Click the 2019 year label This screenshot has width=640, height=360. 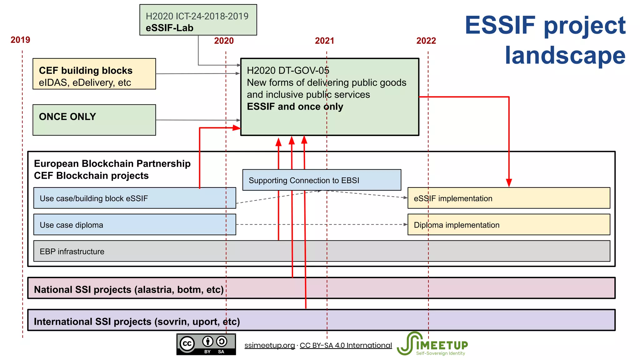click(20, 40)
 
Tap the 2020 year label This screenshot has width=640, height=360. click(224, 41)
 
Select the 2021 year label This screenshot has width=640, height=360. click(324, 41)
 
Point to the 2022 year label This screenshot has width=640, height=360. click(426, 41)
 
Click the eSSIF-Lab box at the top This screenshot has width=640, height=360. click(198, 20)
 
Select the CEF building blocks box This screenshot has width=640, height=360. click(94, 74)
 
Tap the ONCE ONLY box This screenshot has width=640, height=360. click(94, 120)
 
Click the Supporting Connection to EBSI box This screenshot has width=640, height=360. click(322, 180)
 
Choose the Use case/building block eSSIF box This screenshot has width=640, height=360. click(134, 198)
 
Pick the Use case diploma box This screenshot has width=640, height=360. click(134, 225)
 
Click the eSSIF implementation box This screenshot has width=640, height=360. click(508, 198)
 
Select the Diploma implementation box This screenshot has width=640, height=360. click(508, 225)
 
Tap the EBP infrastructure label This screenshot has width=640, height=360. click(72, 252)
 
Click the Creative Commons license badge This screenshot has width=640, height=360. click(206, 344)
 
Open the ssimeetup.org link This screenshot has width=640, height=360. click(269, 345)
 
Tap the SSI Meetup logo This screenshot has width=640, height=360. click(432, 344)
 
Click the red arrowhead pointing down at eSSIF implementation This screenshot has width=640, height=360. click(509, 182)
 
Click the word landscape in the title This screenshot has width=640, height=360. click(565, 55)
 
